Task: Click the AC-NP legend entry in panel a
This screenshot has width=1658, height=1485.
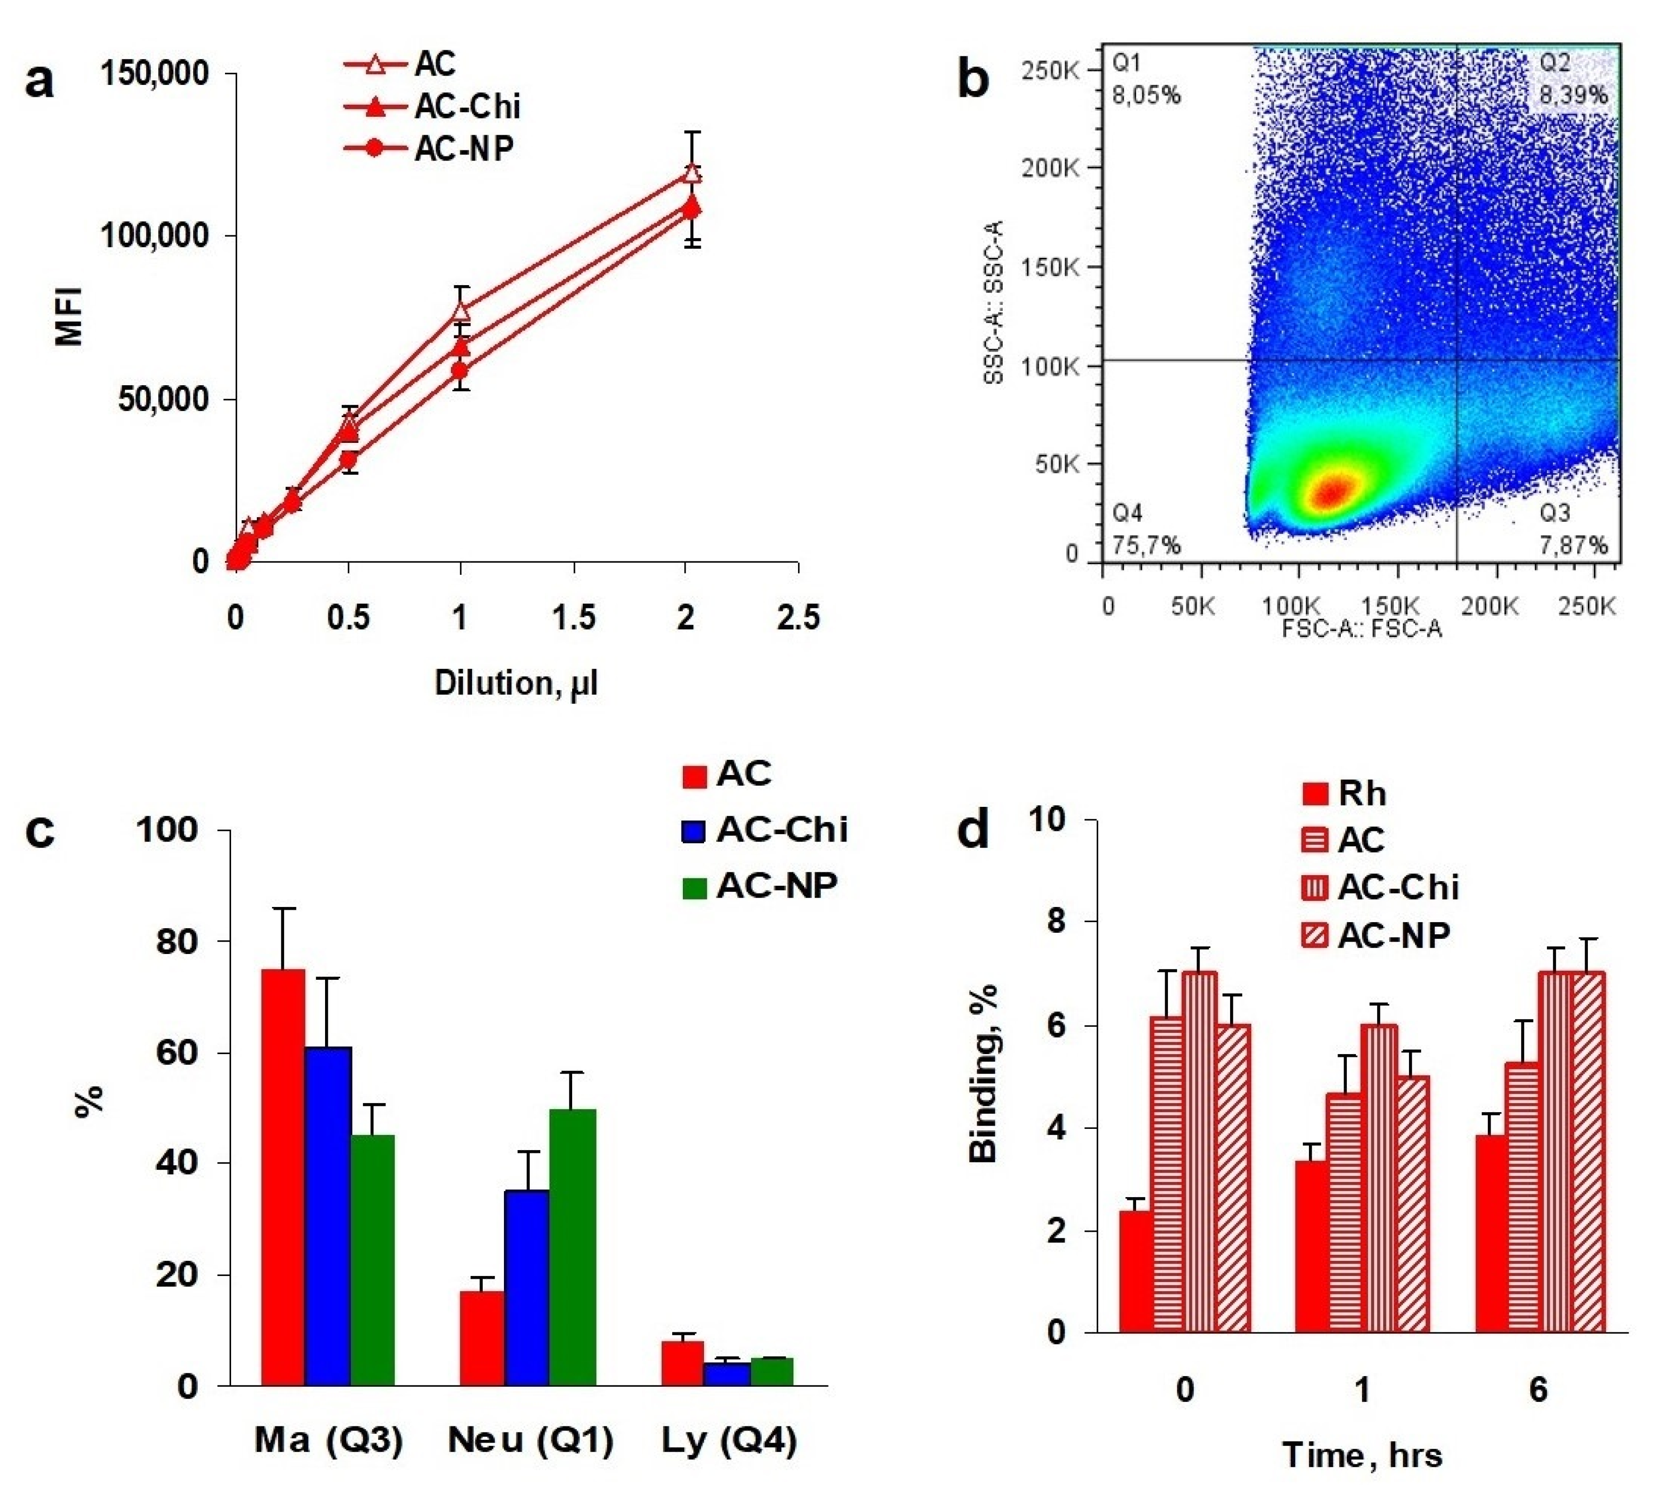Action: pyautogui.click(x=429, y=149)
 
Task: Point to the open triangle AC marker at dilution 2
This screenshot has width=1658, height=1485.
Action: pyautogui.click(x=692, y=173)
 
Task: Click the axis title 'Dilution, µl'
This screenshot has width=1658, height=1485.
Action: pyautogui.click(x=516, y=683)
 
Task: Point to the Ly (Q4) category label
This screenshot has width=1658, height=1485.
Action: pyautogui.click(x=728, y=1441)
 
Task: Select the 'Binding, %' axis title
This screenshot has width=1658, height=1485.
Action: pyautogui.click(x=984, y=1075)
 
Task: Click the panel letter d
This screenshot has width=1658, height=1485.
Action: pyautogui.click(x=974, y=831)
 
